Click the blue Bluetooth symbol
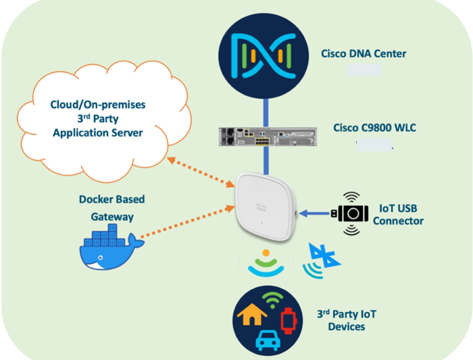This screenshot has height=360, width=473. click(x=323, y=259)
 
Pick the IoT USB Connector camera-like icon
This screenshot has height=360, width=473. click(x=351, y=213)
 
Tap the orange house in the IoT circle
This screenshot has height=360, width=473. click(x=251, y=312)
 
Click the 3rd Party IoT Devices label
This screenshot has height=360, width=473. click(x=347, y=320)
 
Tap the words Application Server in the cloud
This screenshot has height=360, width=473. click(x=98, y=132)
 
